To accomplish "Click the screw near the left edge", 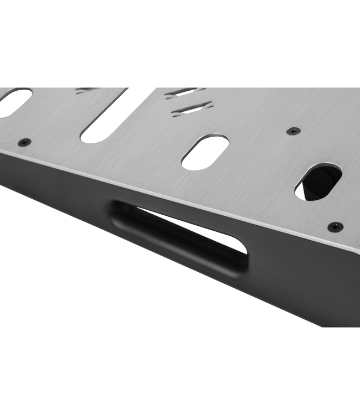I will (x=24, y=142).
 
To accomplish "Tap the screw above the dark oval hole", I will (x=293, y=131).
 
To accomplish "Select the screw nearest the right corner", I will (x=335, y=226).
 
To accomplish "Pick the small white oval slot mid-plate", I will (x=204, y=152).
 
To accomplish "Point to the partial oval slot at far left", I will (x=13, y=102).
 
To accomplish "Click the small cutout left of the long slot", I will (x=86, y=90).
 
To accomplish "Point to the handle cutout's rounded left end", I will (x=119, y=213).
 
